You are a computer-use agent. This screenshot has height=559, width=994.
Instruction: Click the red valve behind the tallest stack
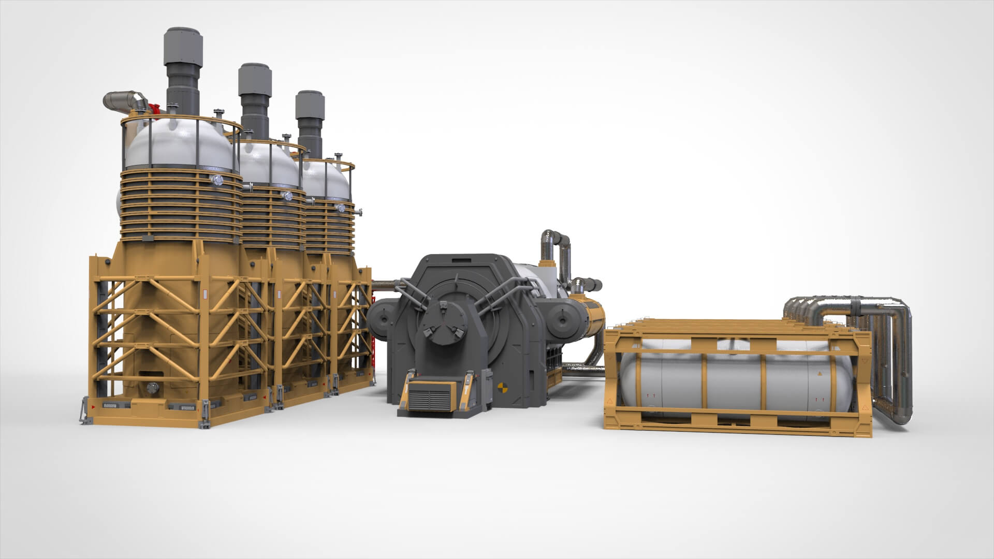tap(154, 109)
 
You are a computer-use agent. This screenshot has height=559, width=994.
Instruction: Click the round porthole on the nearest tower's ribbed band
tap(216, 180)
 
